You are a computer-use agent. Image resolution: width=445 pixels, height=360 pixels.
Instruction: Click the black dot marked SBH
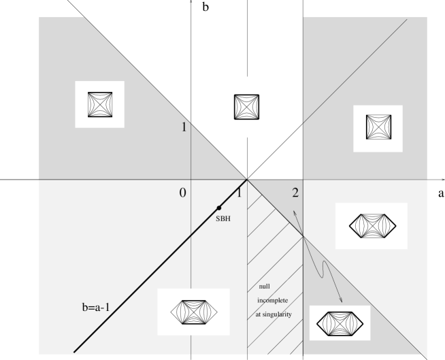pyautogui.click(x=219, y=208)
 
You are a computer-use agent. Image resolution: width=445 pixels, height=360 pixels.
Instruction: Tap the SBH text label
pyautogui.click(x=223, y=218)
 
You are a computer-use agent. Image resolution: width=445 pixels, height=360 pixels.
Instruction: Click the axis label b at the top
pyautogui.click(x=205, y=7)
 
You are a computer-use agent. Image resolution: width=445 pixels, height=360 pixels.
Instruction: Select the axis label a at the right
pyautogui.click(x=441, y=193)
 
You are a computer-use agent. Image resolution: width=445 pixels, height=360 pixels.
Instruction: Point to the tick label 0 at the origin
pyautogui.click(x=183, y=193)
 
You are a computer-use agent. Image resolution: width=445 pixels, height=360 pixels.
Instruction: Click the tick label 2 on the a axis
pyautogui.click(x=296, y=193)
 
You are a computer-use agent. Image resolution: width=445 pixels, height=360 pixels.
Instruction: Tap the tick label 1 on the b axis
pyautogui.click(x=184, y=127)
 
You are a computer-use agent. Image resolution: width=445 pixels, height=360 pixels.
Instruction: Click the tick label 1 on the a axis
pyautogui.click(x=239, y=193)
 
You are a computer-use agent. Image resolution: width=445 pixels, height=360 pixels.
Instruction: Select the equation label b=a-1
pyautogui.click(x=96, y=307)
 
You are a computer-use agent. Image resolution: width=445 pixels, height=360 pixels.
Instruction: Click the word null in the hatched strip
pyautogui.click(x=265, y=287)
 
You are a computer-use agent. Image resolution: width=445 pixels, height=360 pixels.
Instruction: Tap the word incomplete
pyautogui.click(x=273, y=300)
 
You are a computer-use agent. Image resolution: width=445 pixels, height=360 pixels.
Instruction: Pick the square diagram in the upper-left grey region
pyautogui.click(x=100, y=105)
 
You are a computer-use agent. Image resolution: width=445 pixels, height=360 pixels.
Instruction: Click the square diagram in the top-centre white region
pyautogui.click(x=246, y=107)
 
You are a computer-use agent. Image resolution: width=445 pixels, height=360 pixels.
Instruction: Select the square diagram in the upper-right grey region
pyautogui.click(x=378, y=127)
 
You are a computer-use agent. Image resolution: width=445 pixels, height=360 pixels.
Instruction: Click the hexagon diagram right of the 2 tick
pyautogui.click(x=373, y=226)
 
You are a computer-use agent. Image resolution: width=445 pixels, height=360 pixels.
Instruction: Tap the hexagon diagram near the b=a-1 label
pyautogui.click(x=194, y=312)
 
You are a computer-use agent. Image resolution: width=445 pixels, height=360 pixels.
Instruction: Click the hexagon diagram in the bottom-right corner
pyautogui.click(x=340, y=324)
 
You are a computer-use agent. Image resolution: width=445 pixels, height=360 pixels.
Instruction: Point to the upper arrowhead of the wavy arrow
pyautogui.click(x=294, y=211)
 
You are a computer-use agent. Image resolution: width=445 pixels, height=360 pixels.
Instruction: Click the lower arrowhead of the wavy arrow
pyautogui.click(x=342, y=301)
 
